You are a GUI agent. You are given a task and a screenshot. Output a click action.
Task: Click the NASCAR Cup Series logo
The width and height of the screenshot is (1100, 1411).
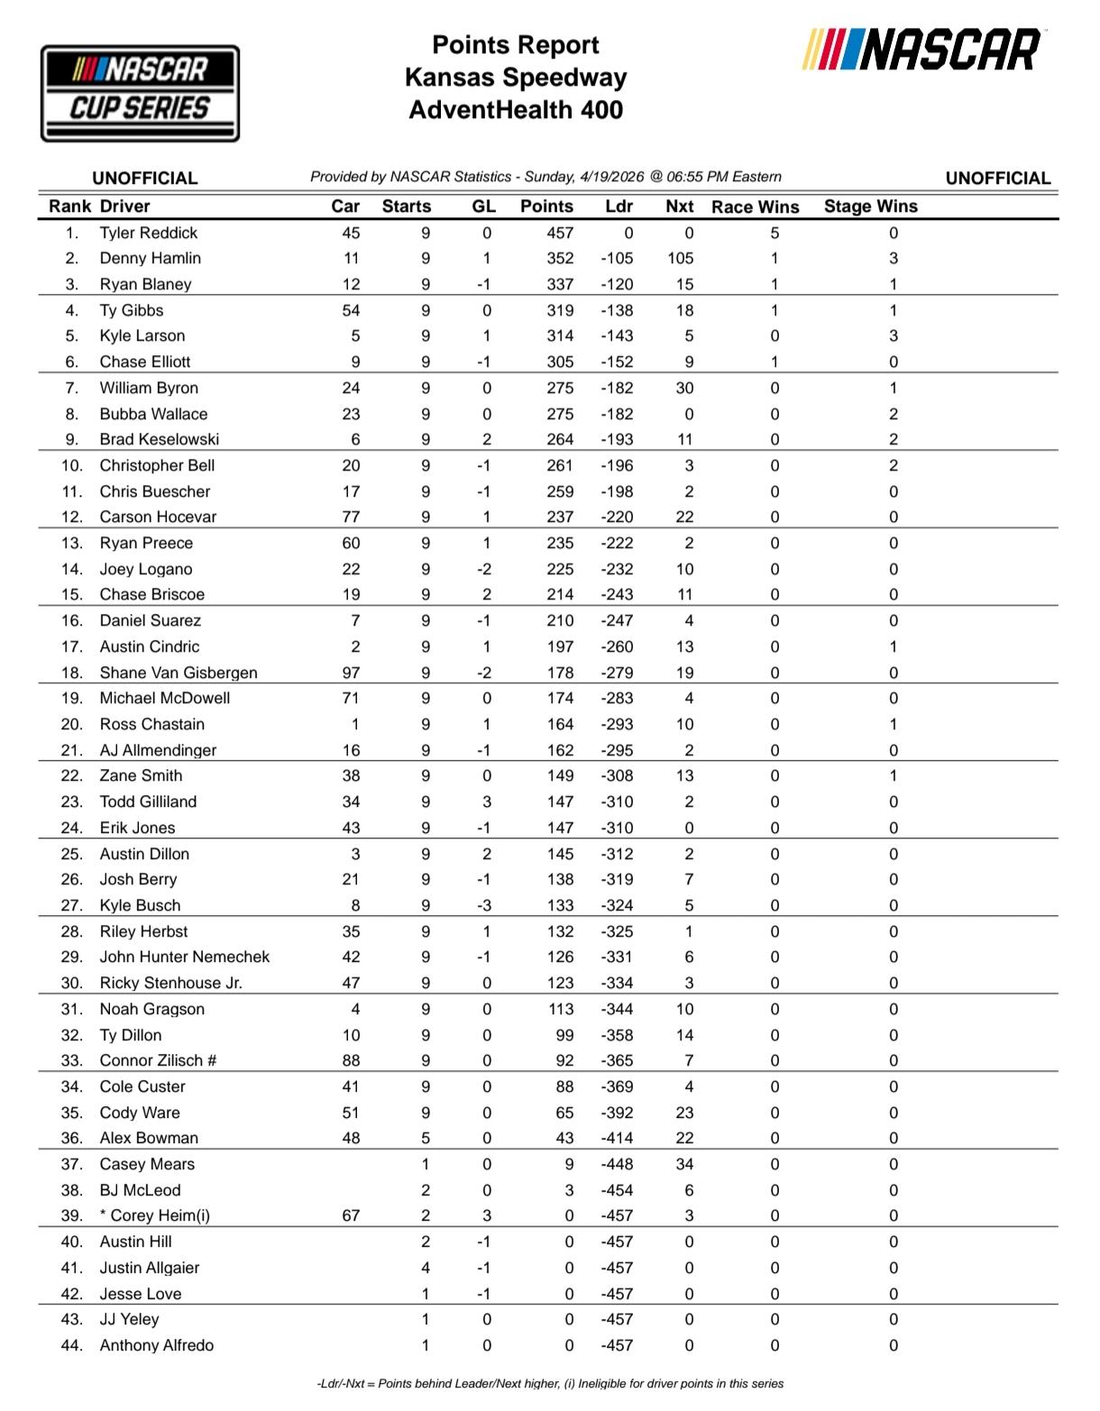coord(140,94)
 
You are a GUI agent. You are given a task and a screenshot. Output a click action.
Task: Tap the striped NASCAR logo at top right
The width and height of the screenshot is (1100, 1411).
coord(921,50)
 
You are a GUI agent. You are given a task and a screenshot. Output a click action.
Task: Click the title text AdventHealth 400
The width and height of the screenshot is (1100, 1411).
coord(516,110)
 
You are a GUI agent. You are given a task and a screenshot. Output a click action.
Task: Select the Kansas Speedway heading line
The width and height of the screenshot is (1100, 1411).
coord(516,78)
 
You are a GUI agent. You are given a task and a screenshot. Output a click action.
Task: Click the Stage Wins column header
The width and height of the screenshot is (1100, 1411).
coord(870,206)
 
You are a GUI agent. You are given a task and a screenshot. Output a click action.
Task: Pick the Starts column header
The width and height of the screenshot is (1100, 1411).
coord(407,206)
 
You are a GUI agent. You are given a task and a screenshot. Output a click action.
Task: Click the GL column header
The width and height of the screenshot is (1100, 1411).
coord(484,206)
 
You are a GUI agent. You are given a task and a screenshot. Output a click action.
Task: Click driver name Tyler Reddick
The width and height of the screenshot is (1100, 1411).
coord(149,233)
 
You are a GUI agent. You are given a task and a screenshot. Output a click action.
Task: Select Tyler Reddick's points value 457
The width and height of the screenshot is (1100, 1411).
coord(560,233)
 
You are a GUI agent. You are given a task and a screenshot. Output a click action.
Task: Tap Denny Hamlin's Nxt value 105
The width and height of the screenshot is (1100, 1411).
coord(681,259)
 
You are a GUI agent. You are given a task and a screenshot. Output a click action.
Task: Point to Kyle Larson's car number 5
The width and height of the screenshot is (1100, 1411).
coord(355,336)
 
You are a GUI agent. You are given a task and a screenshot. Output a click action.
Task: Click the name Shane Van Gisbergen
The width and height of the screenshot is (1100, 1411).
coord(179,673)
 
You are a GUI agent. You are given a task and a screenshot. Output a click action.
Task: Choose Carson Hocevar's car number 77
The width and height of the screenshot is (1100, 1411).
coord(351,518)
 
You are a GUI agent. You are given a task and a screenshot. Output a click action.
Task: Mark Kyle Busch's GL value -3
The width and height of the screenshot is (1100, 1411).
coord(484,905)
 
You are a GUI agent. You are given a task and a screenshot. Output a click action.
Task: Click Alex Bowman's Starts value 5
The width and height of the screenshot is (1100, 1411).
coord(426,1138)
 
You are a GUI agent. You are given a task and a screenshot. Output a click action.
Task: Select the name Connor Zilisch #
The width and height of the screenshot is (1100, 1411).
coord(158,1060)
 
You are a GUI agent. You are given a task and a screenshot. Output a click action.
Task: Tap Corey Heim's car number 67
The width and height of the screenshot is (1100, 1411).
coord(351,1215)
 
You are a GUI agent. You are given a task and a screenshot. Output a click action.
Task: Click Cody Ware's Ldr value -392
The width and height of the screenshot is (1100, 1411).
coord(618,1113)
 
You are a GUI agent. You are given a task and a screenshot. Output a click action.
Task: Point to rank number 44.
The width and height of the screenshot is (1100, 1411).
coord(72,1345)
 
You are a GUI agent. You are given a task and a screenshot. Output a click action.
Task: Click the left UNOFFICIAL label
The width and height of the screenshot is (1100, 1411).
coord(145,179)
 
